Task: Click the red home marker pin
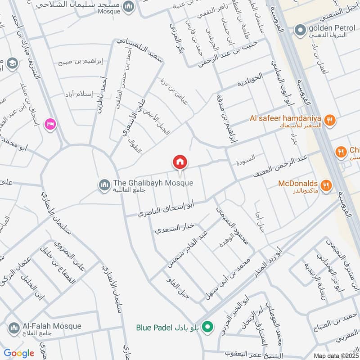click(180, 162)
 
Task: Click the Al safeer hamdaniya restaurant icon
click(330, 120)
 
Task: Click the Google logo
click(19, 353)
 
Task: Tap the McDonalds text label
click(298, 184)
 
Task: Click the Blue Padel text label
click(154, 327)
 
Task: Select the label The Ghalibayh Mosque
click(153, 183)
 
